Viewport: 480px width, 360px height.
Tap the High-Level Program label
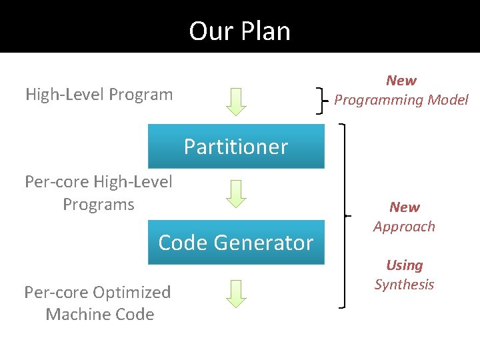tap(99, 95)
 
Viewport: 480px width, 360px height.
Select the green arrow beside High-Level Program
tap(235, 101)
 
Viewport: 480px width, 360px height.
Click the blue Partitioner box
tap(235, 147)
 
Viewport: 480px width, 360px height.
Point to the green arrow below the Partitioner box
tap(235, 193)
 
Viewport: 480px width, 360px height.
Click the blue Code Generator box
tap(235, 243)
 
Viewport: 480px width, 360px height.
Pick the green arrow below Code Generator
tap(235, 293)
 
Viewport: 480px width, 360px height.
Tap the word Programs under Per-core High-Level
tap(99, 204)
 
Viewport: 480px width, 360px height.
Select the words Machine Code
tap(100, 314)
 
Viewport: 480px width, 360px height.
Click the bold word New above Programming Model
tap(401, 81)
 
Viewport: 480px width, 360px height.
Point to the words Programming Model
tap(401, 100)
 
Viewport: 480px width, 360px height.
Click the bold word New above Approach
tap(405, 207)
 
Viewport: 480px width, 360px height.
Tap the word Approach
tap(404, 227)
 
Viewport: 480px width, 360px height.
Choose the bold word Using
tap(404, 265)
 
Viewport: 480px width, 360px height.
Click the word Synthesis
tap(404, 285)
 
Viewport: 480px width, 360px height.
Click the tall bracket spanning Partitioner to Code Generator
tap(343, 215)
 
